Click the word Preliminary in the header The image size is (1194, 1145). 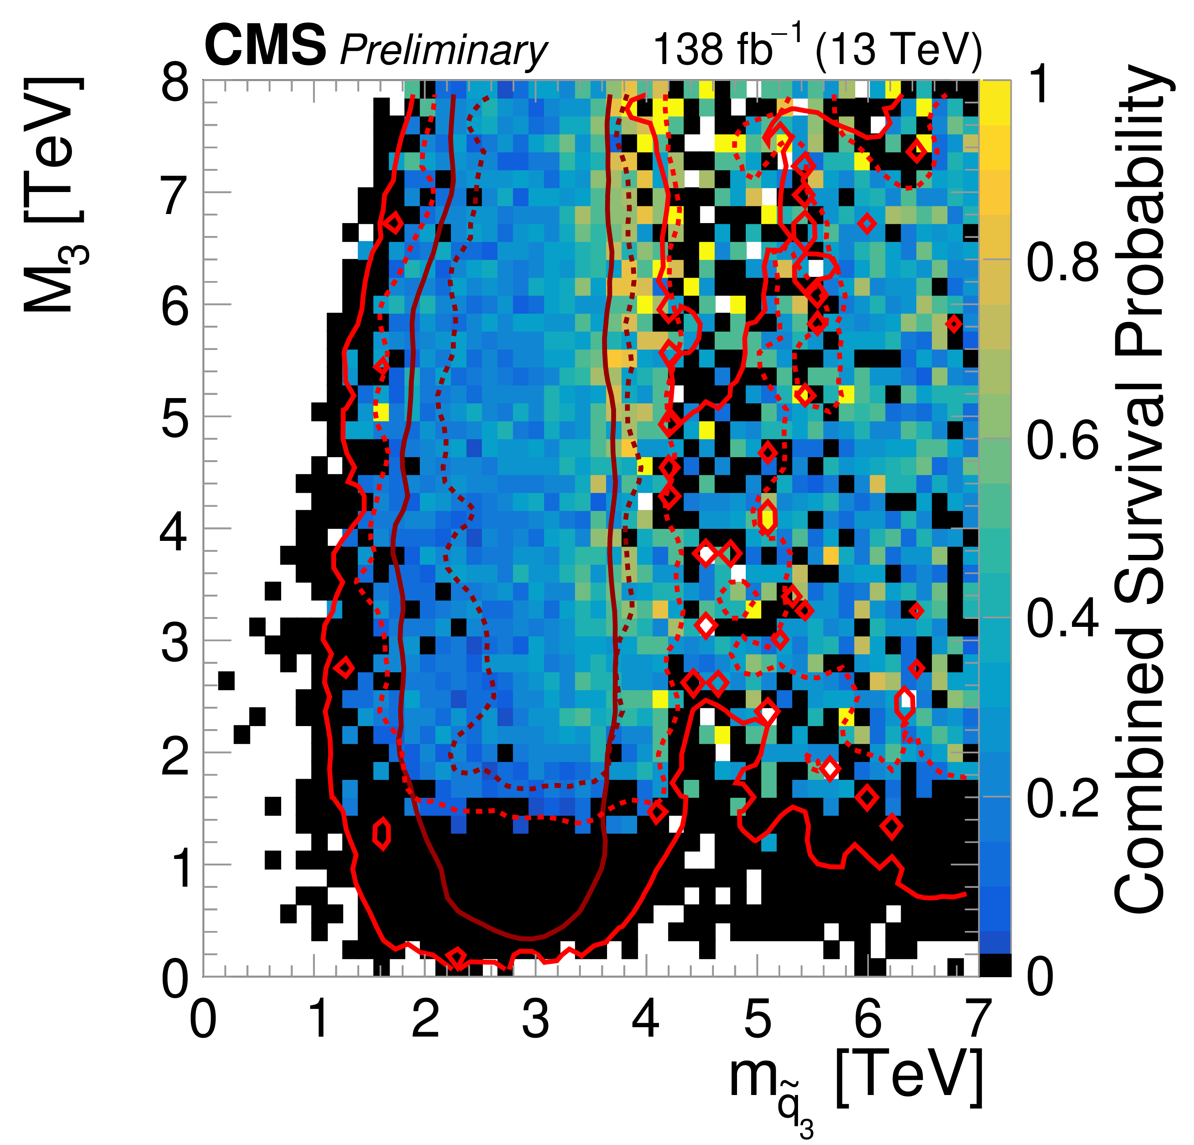point(443,50)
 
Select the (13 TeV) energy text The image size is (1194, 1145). point(898,49)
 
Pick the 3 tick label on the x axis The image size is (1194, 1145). point(536,1019)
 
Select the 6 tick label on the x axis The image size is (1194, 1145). point(867,1019)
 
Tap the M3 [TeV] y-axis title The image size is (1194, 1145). point(55,195)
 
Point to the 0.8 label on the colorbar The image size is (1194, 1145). point(1063,262)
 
